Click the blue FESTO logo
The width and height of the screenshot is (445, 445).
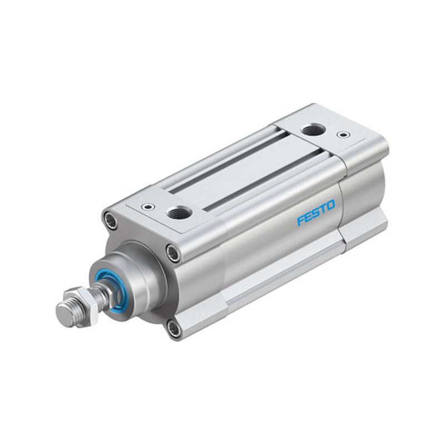(316, 212)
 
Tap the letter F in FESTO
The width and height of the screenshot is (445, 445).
(301, 220)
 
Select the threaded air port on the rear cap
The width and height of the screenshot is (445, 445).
(313, 130)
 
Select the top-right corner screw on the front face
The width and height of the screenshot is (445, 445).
(174, 252)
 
